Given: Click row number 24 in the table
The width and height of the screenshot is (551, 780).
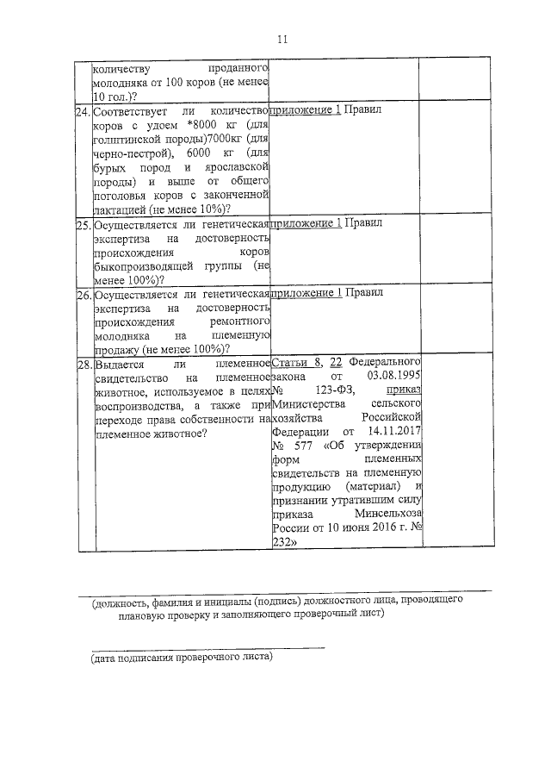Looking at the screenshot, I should (83, 112).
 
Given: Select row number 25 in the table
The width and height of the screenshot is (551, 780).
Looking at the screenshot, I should (83, 224).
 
